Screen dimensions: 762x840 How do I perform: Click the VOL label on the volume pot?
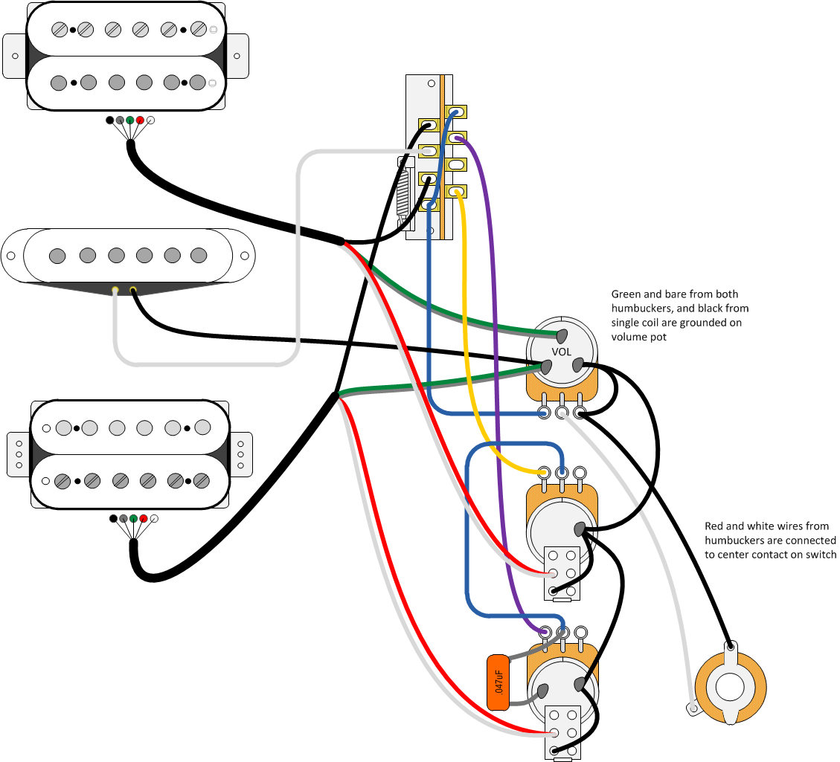[x=561, y=352]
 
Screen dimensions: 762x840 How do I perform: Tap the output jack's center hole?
[x=730, y=685]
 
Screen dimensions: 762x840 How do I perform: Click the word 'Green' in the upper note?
[x=626, y=294]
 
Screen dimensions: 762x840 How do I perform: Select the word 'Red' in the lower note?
[x=714, y=526]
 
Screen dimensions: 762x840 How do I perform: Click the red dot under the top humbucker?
[x=140, y=120]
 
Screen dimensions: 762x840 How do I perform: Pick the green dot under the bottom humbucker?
[x=133, y=518]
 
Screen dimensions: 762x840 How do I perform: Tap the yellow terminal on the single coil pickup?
[x=133, y=289]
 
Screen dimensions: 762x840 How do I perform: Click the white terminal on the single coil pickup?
[x=115, y=289]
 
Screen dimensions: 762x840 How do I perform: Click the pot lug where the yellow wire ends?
[x=545, y=473]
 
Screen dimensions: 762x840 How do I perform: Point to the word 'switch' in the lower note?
[x=821, y=555]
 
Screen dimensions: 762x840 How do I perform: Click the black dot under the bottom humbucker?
[x=113, y=518]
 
